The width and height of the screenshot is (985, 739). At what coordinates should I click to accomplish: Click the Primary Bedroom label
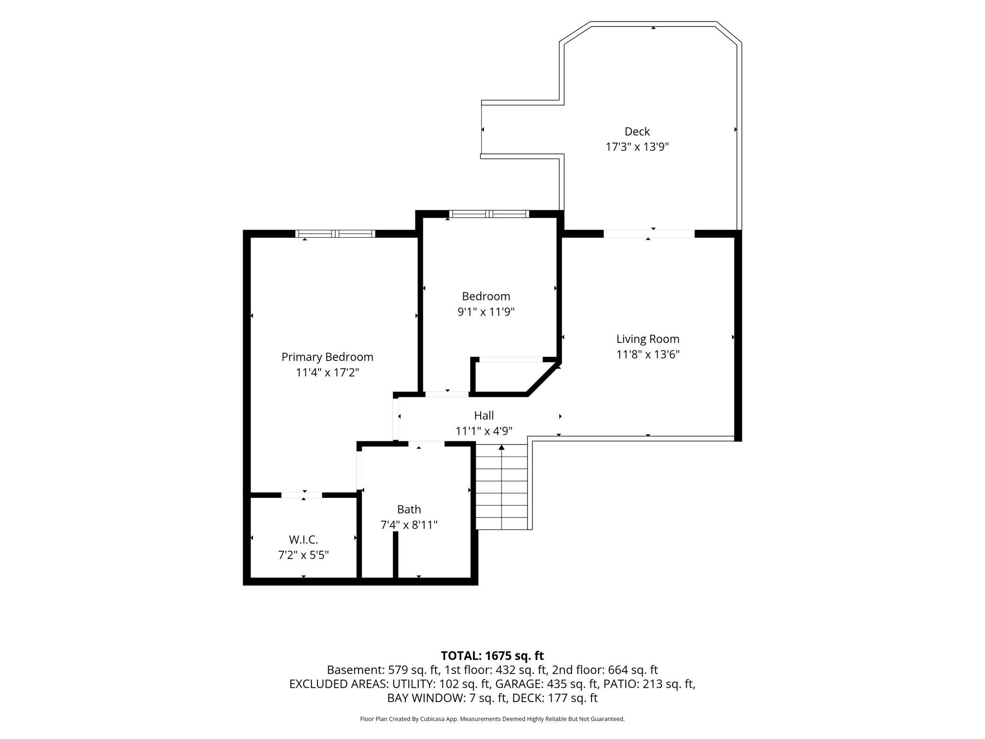pyautogui.click(x=327, y=357)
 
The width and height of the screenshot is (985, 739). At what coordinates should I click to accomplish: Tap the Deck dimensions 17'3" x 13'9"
pyautogui.click(x=637, y=147)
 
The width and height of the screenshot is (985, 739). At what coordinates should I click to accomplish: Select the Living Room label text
pyautogui.click(x=648, y=339)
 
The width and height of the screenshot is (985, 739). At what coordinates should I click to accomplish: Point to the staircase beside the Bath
pyautogui.click(x=501, y=487)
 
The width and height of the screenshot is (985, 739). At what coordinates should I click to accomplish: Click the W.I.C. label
pyautogui.click(x=304, y=540)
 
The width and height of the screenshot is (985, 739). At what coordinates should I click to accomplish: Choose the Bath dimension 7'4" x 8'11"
pyautogui.click(x=409, y=525)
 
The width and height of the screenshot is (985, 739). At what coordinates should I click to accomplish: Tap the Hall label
pyautogui.click(x=484, y=415)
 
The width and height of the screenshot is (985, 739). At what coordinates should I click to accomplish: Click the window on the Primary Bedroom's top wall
pyautogui.click(x=335, y=234)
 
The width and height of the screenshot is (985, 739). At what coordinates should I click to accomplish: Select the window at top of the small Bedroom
pyautogui.click(x=489, y=214)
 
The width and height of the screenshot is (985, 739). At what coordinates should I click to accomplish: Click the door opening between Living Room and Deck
pyautogui.click(x=649, y=234)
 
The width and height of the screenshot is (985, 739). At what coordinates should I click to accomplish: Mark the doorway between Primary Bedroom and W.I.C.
pyautogui.click(x=302, y=495)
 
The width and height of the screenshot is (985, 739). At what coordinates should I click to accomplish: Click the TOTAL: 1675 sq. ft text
pyautogui.click(x=492, y=656)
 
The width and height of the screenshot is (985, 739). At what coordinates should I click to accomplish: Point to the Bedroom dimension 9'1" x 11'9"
pyautogui.click(x=486, y=312)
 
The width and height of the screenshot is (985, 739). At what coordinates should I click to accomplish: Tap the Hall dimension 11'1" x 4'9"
pyautogui.click(x=484, y=431)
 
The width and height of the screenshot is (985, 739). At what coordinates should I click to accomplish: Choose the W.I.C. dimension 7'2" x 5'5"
pyautogui.click(x=304, y=555)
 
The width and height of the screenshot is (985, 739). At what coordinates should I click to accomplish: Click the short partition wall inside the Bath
pyautogui.click(x=395, y=555)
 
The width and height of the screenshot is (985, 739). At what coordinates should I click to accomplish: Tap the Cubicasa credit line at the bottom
pyautogui.click(x=492, y=719)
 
